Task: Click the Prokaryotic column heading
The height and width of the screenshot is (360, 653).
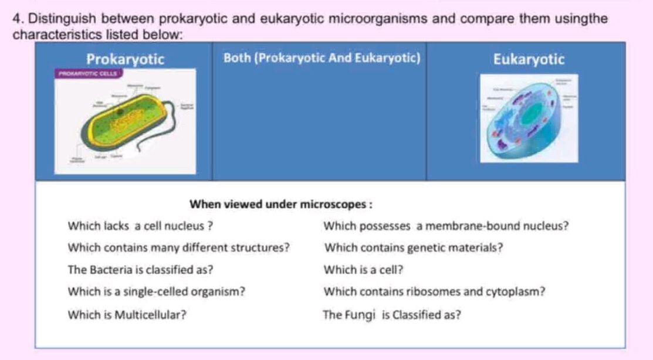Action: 126,59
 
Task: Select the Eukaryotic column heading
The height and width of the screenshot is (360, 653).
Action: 529,59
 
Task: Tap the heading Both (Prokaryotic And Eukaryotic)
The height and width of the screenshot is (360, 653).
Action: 322,59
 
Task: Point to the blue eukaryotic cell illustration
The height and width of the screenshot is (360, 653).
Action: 528,120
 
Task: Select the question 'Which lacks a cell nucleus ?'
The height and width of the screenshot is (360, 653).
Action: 140,226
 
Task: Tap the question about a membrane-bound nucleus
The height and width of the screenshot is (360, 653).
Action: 446,226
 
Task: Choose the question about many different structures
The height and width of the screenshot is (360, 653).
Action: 179,247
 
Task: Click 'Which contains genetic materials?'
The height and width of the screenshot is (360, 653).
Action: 414,247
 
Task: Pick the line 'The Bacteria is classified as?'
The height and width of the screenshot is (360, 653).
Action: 140,270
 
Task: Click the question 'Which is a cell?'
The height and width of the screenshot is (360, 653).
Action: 364,270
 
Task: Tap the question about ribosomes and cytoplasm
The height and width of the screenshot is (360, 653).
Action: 435,291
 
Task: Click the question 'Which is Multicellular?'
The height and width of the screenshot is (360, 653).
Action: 128,314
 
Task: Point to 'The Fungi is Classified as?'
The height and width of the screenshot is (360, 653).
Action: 391,314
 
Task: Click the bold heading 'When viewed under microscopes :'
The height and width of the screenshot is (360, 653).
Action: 282,205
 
